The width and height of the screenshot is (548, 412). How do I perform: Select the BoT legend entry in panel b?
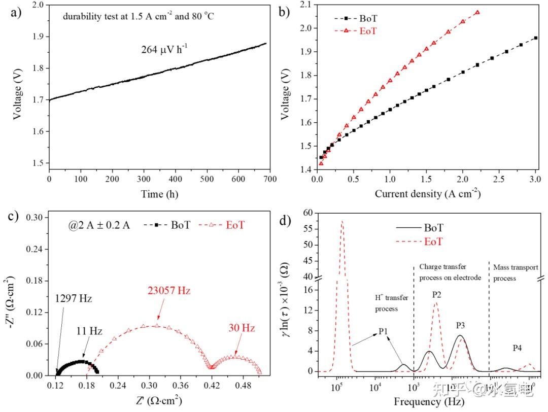pos(368,18)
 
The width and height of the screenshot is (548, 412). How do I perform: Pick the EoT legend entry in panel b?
pos(368,31)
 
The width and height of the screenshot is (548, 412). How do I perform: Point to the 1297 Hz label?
pos(74,298)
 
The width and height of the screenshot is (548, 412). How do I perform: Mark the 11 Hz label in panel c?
pos(89,331)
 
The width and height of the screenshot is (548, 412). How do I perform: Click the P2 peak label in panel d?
pos(437,294)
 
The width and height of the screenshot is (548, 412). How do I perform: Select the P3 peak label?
pos(460,325)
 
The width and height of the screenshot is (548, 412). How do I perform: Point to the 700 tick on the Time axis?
pos(270,180)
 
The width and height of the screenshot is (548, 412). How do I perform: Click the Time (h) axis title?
pos(159,194)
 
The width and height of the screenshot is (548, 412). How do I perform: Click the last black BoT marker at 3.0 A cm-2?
pos(536,38)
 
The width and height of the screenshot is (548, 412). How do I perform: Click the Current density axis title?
pos(427,194)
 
